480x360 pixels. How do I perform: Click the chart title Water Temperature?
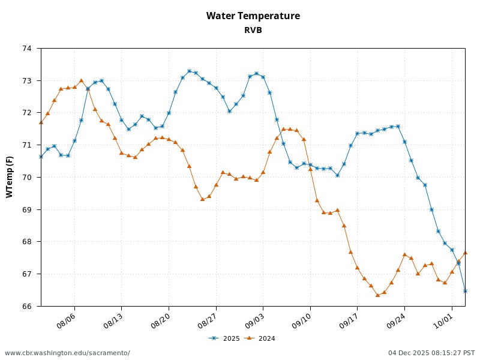253,16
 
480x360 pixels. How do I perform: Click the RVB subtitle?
253,30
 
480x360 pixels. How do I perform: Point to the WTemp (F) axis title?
10,177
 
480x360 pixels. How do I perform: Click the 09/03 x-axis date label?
253,319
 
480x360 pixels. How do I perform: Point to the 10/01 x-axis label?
442,319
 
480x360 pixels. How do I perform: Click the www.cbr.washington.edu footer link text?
67,353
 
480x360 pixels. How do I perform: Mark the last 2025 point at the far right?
465,291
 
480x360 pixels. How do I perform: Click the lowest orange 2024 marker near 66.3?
377,295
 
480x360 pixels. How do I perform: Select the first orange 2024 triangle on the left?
41,122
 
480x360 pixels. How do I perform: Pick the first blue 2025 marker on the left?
41,157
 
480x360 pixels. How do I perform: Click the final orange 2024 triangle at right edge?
465,253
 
